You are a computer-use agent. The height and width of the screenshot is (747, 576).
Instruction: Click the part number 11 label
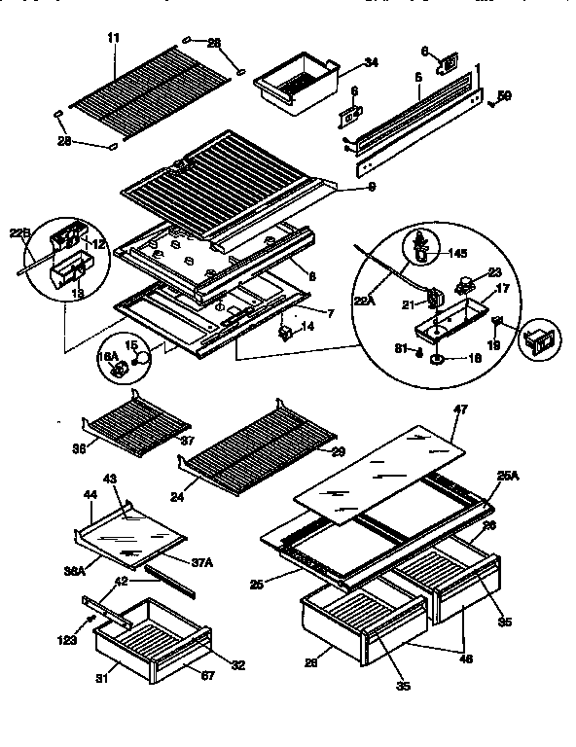(x=113, y=37)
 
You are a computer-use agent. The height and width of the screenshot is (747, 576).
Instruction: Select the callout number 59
(x=504, y=95)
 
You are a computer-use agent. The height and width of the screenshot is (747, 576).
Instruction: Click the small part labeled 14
(x=284, y=333)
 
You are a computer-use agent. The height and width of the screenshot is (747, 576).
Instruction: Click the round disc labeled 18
(x=434, y=360)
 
